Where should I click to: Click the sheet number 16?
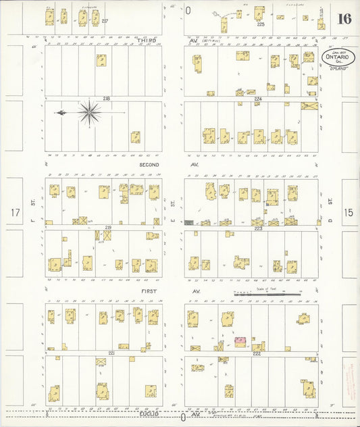tap(344, 18)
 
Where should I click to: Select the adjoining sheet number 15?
tap(348, 213)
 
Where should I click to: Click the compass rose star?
tap(89, 112)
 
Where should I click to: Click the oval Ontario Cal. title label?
tap(335, 57)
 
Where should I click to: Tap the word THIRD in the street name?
tap(147, 41)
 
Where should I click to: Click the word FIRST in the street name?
tap(149, 291)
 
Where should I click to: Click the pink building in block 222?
tap(240, 338)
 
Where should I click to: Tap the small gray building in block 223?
tap(188, 222)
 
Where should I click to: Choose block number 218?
tap(106, 99)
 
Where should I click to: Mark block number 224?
tap(257, 99)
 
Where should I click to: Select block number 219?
tap(107, 228)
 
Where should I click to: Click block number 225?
tap(261, 24)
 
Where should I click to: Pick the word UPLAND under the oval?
tap(337, 69)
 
